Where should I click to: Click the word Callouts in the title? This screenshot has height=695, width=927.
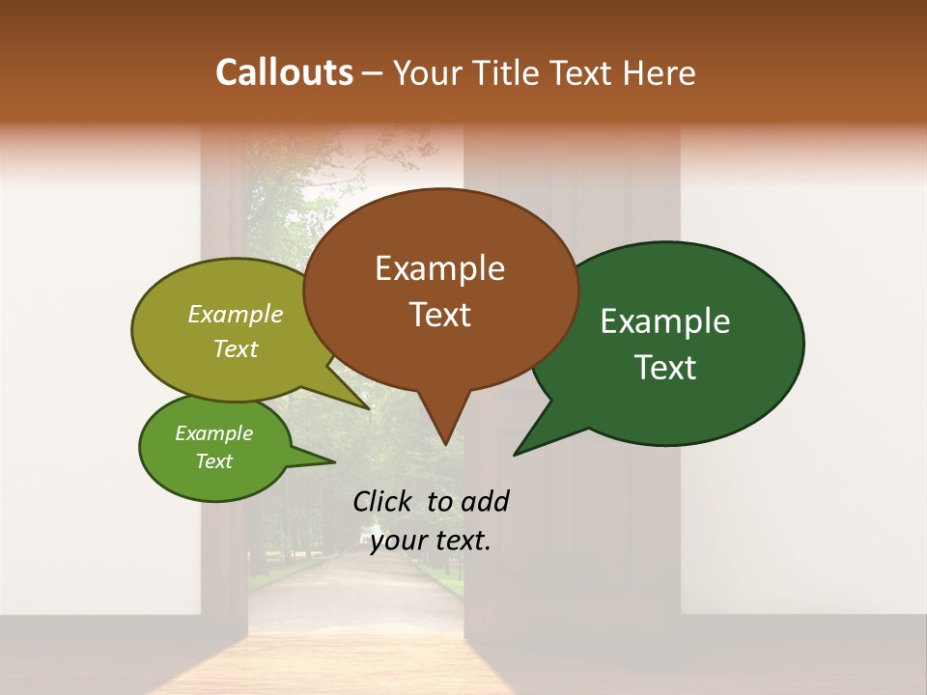pyautogui.click(x=284, y=72)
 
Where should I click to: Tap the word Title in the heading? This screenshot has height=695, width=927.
pyautogui.click(x=509, y=72)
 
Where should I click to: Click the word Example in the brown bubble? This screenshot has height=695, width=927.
pyautogui.click(x=439, y=268)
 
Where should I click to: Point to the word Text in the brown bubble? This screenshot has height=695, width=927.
pyautogui.click(x=439, y=315)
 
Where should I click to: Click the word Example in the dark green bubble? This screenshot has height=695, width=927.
pyautogui.click(x=665, y=321)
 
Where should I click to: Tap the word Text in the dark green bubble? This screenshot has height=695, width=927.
pyautogui.click(x=665, y=368)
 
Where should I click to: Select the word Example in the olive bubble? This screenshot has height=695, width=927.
pyautogui.click(x=236, y=314)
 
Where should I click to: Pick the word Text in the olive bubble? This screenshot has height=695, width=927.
pyautogui.click(x=236, y=348)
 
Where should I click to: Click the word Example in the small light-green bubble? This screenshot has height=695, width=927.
pyautogui.click(x=213, y=433)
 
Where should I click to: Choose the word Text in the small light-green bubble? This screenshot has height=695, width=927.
pyautogui.click(x=213, y=461)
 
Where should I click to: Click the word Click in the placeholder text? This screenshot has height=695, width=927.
pyautogui.click(x=384, y=501)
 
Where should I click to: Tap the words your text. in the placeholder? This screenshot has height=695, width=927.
pyautogui.click(x=431, y=541)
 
